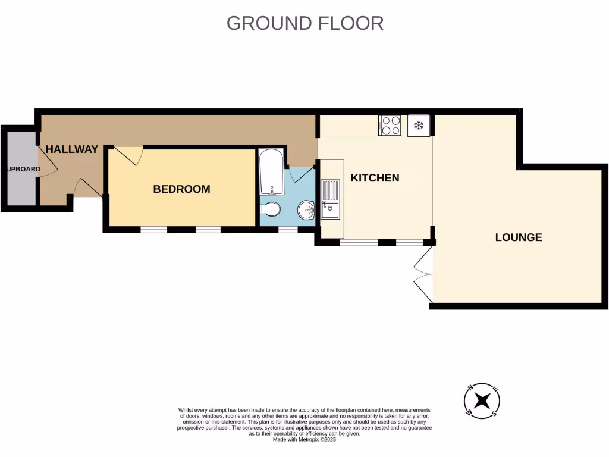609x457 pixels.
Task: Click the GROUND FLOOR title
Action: (x=304, y=23)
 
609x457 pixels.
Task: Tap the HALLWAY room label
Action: (x=72, y=149)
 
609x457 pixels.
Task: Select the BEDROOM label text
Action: (x=181, y=189)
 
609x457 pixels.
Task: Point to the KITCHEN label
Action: (x=375, y=178)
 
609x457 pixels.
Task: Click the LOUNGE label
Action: (x=519, y=237)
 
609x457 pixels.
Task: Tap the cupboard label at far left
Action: (x=23, y=169)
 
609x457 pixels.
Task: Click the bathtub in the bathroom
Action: (x=272, y=171)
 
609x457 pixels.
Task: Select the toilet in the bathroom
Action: (x=272, y=210)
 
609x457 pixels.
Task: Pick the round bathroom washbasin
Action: (x=306, y=209)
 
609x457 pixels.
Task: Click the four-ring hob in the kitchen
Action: (x=390, y=126)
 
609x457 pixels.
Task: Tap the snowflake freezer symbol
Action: (x=418, y=126)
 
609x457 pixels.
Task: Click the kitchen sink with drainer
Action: (x=330, y=200)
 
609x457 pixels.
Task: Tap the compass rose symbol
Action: (x=482, y=399)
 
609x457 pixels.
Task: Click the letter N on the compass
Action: (x=470, y=388)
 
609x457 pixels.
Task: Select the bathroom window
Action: (x=288, y=228)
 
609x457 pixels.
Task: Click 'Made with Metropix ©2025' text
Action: (x=304, y=440)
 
